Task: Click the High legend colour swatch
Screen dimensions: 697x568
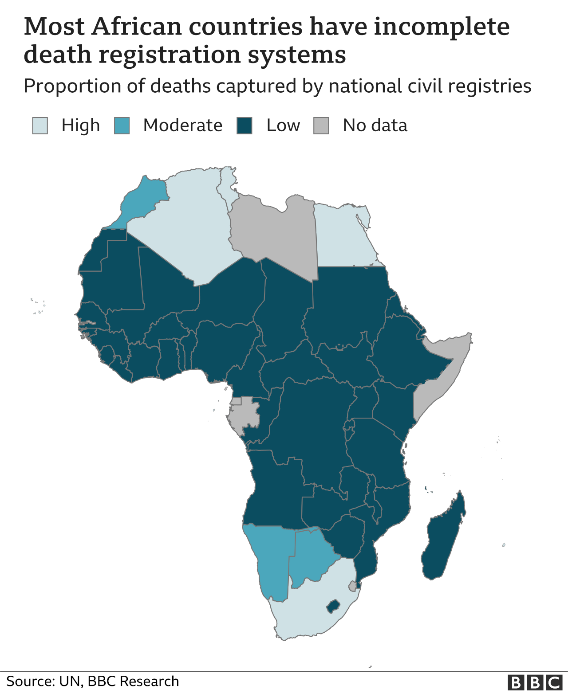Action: pyautogui.click(x=40, y=125)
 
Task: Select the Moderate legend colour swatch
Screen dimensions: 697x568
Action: pyautogui.click(x=122, y=125)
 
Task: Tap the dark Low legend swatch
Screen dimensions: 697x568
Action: pyautogui.click(x=245, y=125)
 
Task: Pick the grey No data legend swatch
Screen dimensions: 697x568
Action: pyautogui.click(x=321, y=125)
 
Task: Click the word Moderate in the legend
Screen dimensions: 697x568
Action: pyautogui.click(x=182, y=125)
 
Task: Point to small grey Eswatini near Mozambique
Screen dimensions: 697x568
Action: pyautogui.click(x=353, y=587)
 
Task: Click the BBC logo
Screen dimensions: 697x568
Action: pyautogui.click(x=535, y=682)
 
